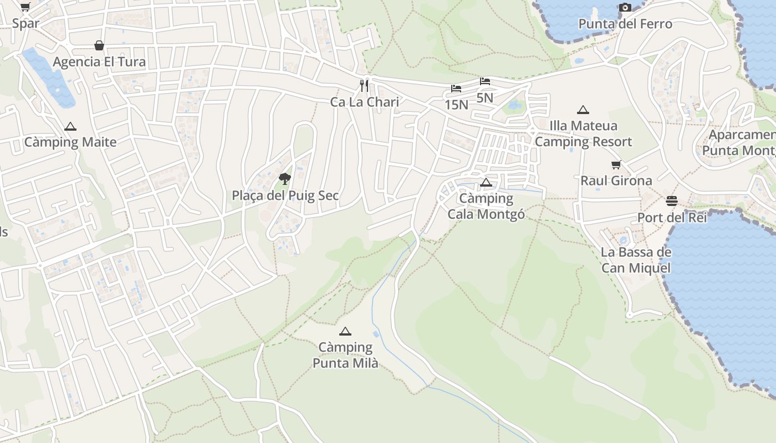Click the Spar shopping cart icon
(x=25, y=7)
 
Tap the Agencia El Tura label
(x=99, y=61)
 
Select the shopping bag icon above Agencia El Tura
(x=99, y=45)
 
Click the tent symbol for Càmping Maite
(x=70, y=126)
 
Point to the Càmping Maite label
(x=70, y=142)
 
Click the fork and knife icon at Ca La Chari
(x=364, y=85)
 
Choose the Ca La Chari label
(x=364, y=102)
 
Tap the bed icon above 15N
(x=456, y=89)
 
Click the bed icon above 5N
(x=485, y=81)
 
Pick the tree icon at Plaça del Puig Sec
(x=285, y=178)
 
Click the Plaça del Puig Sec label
(x=285, y=195)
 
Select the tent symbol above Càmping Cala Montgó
(x=486, y=182)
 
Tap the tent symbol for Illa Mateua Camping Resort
(x=583, y=110)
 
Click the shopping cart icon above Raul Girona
(x=616, y=164)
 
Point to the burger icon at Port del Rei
(x=672, y=200)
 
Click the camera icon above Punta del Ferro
(x=625, y=7)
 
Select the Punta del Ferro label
(x=625, y=24)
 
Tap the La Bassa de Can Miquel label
(x=636, y=260)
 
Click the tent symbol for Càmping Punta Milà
(x=345, y=331)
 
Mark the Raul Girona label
(x=616, y=181)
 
